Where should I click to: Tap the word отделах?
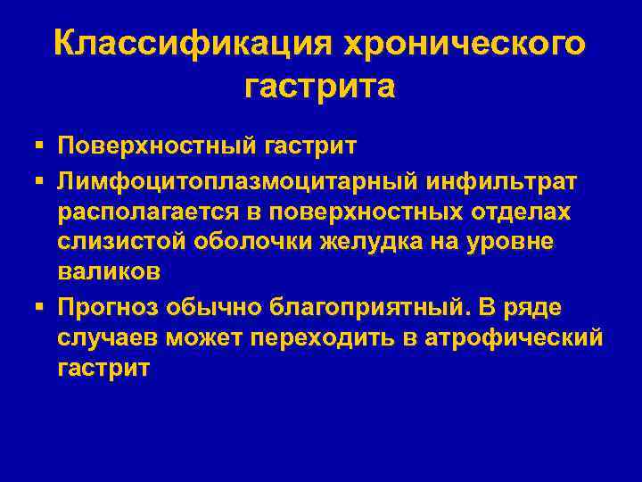[526, 213]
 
